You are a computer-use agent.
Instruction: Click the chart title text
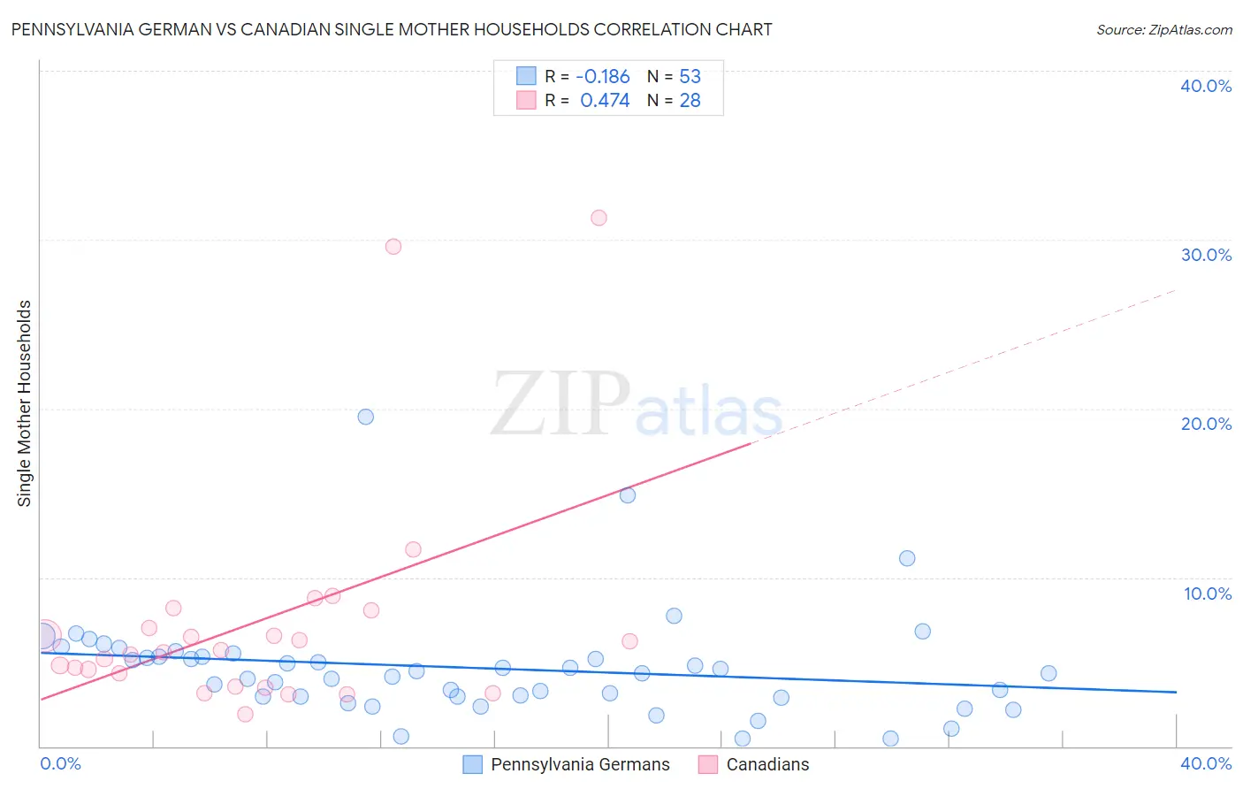tap(392, 29)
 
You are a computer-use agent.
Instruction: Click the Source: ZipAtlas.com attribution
tap(1163, 29)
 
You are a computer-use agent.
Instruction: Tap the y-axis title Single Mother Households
tap(24, 403)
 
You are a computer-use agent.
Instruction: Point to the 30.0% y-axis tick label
tap(1206, 255)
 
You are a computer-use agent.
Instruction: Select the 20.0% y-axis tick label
tap(1206, 424)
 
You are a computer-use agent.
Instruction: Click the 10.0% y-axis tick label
tap(1207, 594)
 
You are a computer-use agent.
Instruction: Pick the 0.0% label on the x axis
tap(61, 763)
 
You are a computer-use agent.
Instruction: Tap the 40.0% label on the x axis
tap(1206, 763)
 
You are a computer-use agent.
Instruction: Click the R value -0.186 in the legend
tap(603, 77)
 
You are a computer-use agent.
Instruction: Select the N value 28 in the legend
tap(690, 101)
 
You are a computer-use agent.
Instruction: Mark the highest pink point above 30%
tap(599, 218)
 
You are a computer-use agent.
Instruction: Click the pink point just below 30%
tap(393, 247)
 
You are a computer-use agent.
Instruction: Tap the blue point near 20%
tap(366, 417)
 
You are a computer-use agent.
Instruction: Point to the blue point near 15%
tap(628, 495)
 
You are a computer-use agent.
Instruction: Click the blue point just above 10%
tap(907, 558)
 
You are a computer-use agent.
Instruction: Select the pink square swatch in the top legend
tap(526, 101)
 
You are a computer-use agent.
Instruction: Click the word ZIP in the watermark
tap(560, 404)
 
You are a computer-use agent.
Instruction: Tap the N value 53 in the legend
tap(690, 77)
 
